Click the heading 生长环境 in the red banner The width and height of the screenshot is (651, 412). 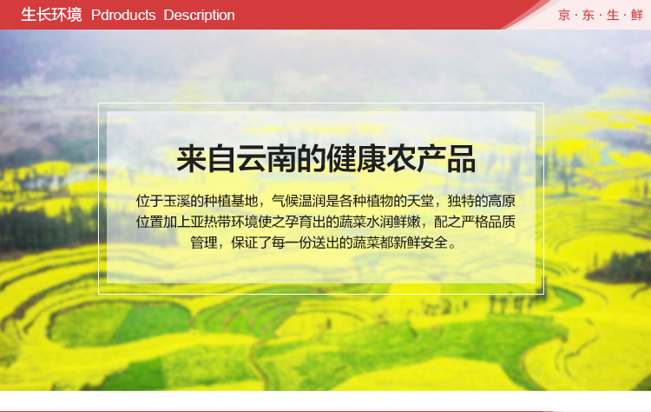(51, 15)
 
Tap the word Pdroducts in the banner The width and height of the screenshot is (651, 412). (123, 15)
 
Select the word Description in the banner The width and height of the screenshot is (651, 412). (199, 15)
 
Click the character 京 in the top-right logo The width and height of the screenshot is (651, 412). (564, 16)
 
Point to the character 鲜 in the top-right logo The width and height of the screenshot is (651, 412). (637, 16)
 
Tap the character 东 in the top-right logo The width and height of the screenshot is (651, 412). (589, 16)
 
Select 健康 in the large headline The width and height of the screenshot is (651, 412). (356, 158)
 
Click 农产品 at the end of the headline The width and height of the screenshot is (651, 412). (431, 158)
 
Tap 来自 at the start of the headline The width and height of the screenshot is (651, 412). (207, 158)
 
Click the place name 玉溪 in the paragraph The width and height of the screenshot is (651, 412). (176, 201)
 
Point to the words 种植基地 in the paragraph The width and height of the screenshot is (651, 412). (231, 201)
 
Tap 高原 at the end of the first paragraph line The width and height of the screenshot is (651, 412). (502, 201)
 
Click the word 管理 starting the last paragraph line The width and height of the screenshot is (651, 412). (204, 242)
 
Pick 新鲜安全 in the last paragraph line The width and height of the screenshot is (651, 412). (421, 242)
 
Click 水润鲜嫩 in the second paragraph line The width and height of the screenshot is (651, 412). (393, 222)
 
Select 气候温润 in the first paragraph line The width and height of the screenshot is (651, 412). (299, 201)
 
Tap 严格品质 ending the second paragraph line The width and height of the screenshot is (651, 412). (488, 222)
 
